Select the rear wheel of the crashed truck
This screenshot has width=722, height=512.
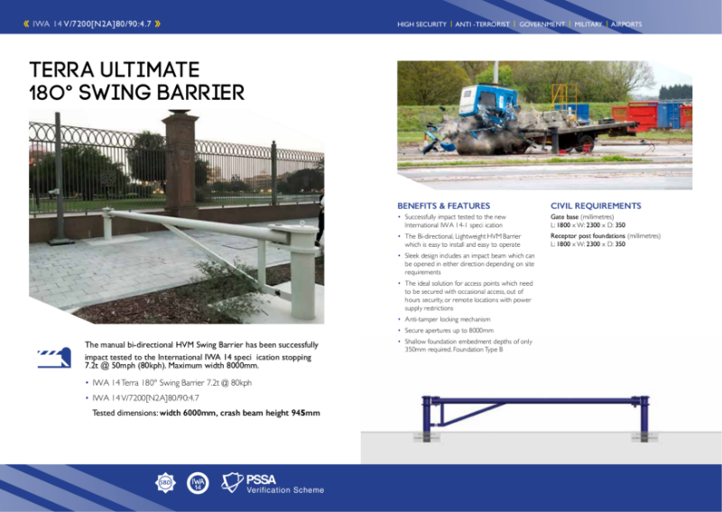click(x=588, y=142)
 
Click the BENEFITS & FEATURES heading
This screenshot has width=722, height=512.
click(x=443, y=206)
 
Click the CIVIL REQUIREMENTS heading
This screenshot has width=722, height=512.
click(x=596, y=206)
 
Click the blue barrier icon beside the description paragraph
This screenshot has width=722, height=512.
click(x=53, y=358)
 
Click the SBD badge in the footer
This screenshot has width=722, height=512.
click(x=166, y=483)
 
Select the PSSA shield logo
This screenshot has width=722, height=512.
click(x=233, y=484)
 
